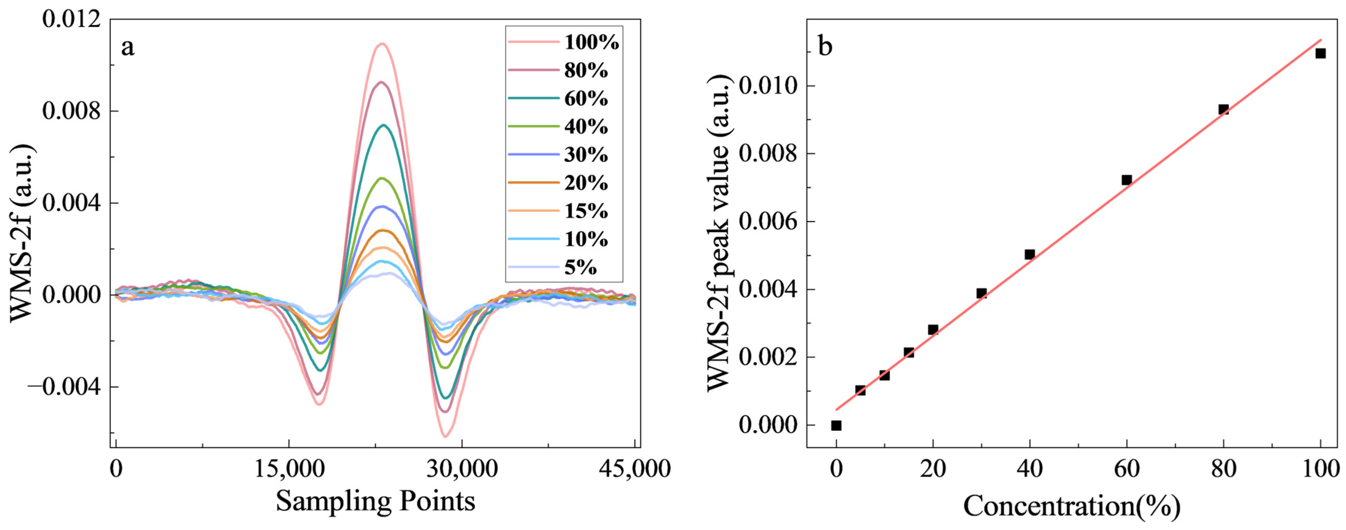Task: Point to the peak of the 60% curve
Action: tap(384, 125)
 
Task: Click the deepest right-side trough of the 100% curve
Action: tap(445, 436)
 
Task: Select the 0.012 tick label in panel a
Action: tap(71, 19)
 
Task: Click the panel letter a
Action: tap(127, 48)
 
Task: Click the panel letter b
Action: tap(825, 47)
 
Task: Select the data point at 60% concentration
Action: tap(1127, 180)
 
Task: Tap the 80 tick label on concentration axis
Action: tap(1223, 469)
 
